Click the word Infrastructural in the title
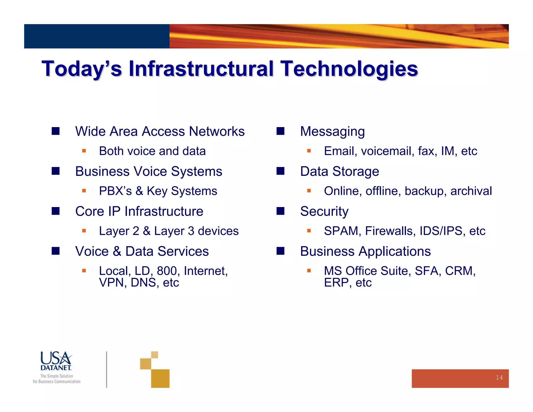(x=201, y=69)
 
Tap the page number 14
(x=499, y=378)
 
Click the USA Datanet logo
(x=56, y=361)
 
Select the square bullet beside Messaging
(x=280, y=131)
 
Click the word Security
(x=324, y=211)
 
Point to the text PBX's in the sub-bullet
(x=115, y=191)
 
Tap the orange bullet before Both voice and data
(x=84, y=151)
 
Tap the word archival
(x=471, y=191)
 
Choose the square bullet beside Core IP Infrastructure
(x=55, y=211)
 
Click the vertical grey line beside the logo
(x=106, y=369)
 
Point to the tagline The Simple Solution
(x=56, y=376)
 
